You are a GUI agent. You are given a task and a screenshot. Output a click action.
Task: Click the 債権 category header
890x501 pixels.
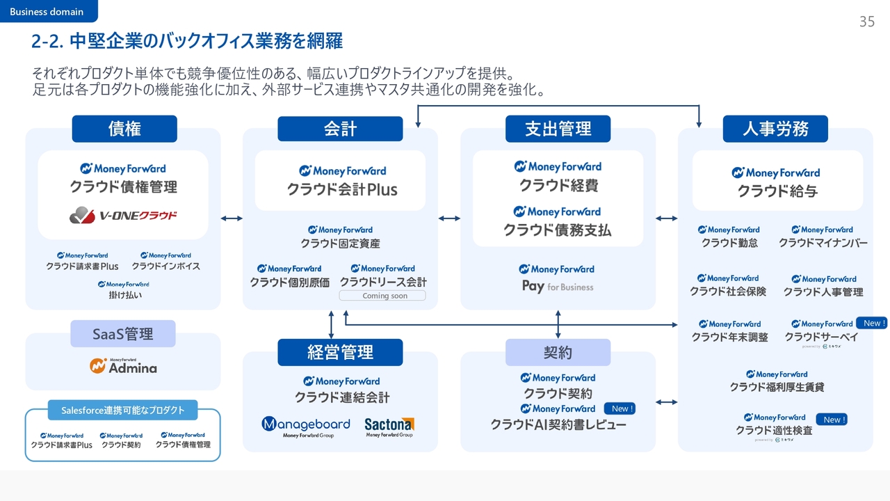click(124, 129)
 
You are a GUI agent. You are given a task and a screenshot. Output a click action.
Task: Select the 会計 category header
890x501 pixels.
click(340, 129)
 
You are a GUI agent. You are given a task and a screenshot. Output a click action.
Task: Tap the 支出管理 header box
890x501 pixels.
click(558, 129)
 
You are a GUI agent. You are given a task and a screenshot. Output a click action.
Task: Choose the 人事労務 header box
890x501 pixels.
click(775, 129)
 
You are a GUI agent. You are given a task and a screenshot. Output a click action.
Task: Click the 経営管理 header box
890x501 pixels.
click(340, 352)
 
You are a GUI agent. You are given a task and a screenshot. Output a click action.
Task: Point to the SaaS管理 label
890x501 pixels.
click(123, 334)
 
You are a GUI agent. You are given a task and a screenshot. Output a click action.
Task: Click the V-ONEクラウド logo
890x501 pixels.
click(123, 216)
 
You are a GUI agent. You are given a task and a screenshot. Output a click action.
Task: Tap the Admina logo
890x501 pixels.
click(123, 366)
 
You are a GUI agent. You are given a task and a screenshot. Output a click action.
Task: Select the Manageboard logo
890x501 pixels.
click(306, 426)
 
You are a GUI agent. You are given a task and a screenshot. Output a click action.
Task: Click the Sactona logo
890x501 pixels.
click(389, 426)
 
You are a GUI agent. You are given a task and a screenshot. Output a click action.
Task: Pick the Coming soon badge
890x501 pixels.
click(382, 296)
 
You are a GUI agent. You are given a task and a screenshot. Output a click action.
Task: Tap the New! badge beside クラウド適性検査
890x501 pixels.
click(833, 420)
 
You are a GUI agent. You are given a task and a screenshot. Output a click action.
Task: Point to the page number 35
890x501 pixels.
click(866, 22)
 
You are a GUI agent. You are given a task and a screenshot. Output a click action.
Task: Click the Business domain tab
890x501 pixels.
click(47, 11)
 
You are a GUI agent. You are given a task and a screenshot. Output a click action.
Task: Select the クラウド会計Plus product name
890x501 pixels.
click(342, 189)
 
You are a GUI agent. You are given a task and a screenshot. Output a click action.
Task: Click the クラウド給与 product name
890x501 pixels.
click(777, 191)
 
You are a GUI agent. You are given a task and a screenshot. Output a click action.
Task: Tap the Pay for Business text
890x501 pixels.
click(558, 287)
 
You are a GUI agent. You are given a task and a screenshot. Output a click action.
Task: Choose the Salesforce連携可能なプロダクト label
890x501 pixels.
click(123, 411)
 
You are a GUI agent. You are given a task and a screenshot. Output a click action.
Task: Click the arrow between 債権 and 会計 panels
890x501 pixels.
click(232, 218)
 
